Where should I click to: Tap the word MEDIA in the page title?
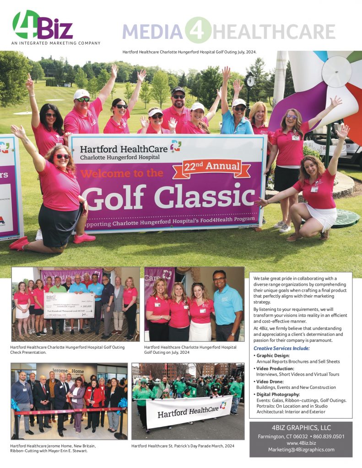[152, 32]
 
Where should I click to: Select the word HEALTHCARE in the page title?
[274, 32]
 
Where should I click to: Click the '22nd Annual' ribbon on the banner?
[211, 168]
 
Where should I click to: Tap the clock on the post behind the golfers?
[250, 81]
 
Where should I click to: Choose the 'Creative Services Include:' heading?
[281, 348]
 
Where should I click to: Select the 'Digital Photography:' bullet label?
[278, 394]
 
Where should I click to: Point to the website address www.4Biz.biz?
[301, 443]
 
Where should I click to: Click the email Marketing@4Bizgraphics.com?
[301, 449]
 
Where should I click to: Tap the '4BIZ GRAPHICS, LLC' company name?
[301, 428]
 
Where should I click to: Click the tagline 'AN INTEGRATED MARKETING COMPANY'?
[56, 43]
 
